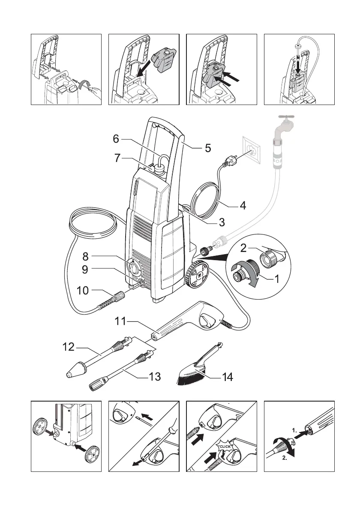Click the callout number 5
208,148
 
